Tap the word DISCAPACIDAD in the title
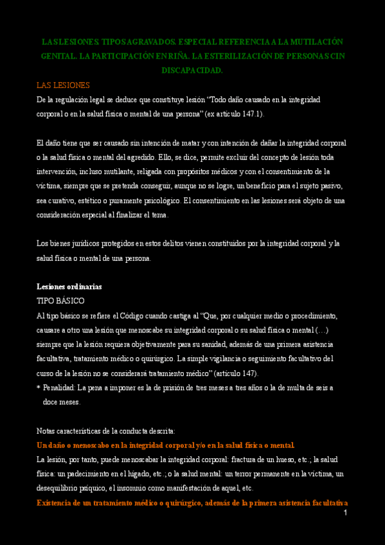coord(192,70)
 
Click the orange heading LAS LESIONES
coord(63,85)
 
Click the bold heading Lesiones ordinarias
coord(69,287)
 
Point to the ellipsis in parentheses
coord(322,330)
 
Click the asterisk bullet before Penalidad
coord(39,388)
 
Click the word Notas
coord(47,431)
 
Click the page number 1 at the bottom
coord(345,513)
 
